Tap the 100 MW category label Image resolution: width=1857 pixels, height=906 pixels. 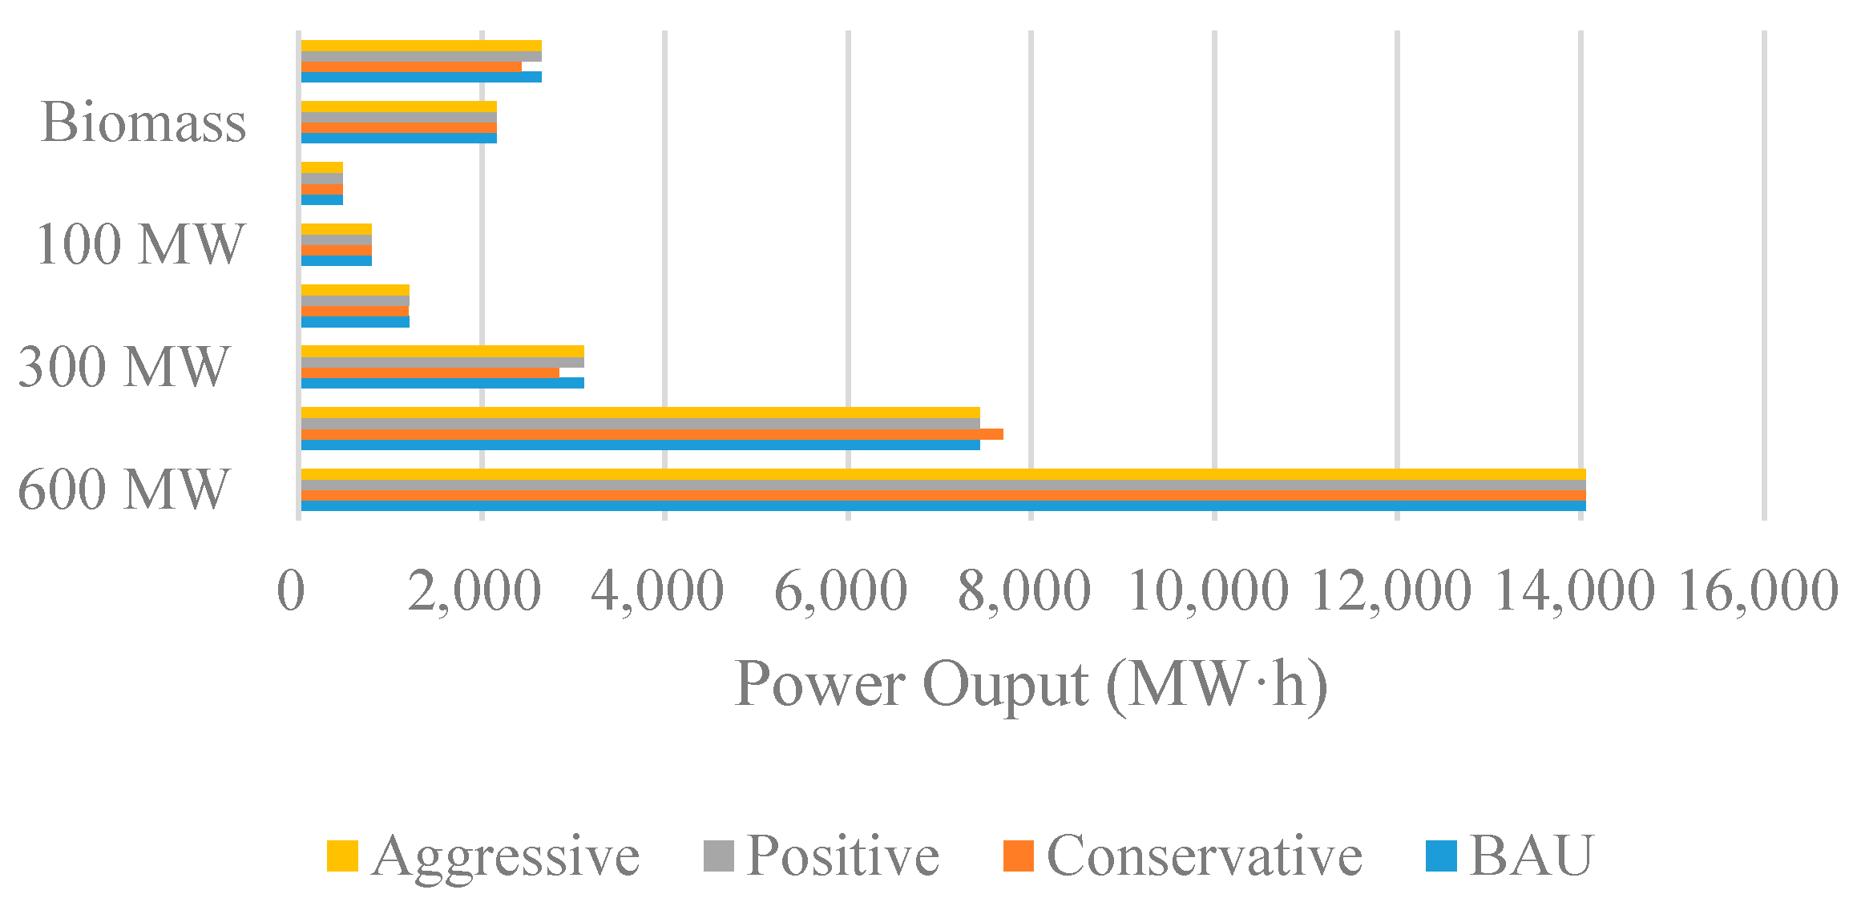coord(139,244)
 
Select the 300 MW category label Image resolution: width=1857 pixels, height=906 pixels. coord(124,367)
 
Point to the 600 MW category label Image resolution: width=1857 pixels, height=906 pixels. coord(124,489)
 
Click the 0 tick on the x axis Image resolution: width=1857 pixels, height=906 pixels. coord(291,592)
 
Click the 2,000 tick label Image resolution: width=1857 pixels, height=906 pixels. coord(474,592)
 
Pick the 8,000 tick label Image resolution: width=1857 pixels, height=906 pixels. coord(1024,592)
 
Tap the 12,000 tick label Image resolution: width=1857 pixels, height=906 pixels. coord(1391,592)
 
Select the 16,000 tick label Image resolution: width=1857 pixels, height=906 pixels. coord(1758,592)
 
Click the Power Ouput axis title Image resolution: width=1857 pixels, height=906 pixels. coord(1031,685)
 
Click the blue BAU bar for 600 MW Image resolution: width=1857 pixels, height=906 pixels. coord(943,506)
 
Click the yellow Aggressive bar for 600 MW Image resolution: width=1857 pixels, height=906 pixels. coord(943,474)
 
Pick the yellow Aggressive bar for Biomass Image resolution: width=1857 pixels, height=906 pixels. coord(398,107)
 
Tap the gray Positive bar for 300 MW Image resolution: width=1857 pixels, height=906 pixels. coord(442,362)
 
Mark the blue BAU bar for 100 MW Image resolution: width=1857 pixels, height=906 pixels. coord(336,261)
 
